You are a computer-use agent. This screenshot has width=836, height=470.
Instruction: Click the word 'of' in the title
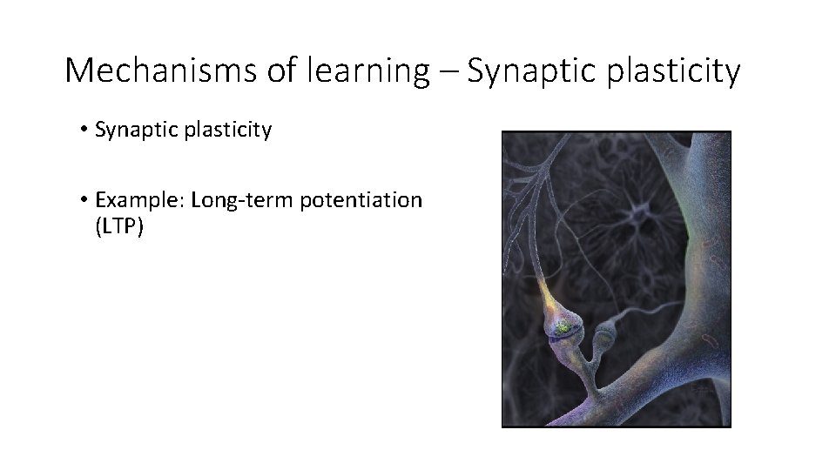coord(282,70)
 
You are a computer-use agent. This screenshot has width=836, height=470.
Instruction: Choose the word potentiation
coord(361,200)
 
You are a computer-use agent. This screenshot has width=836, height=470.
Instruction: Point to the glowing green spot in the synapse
coord(563,326)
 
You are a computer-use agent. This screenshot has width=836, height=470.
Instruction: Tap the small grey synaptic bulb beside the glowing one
coord(603,334)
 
